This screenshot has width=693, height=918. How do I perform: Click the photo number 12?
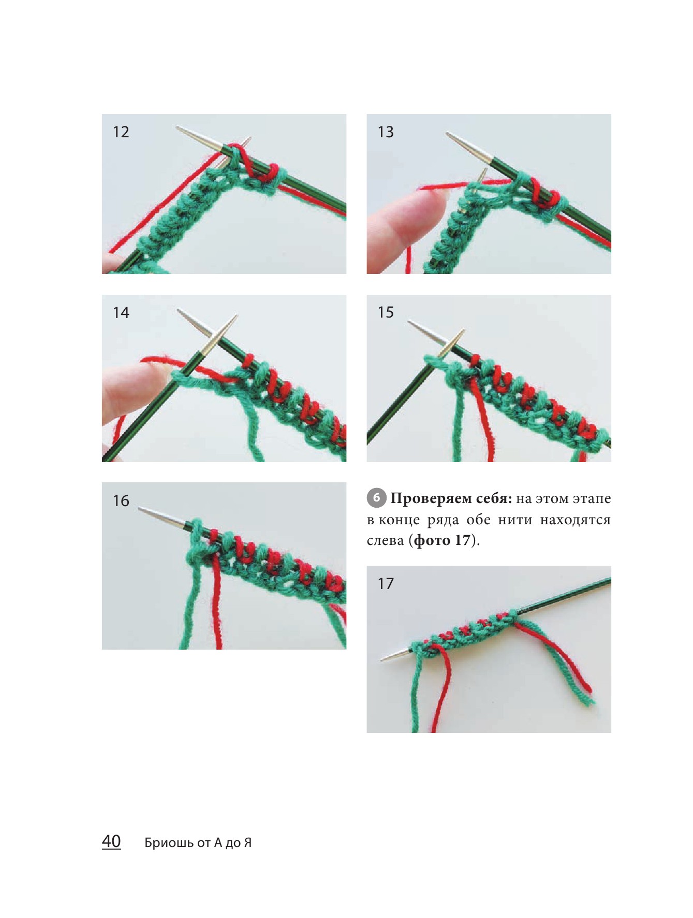pos(121,132)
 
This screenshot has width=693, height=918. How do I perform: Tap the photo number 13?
pos(386,132)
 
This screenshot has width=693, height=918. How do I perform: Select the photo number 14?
pos(121,312)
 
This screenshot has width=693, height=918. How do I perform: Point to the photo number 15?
pos(386,312)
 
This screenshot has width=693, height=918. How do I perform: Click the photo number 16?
pos(121,500)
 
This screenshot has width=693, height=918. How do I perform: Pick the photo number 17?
pos(386,584)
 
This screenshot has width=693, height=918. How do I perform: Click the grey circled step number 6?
pos(376,498)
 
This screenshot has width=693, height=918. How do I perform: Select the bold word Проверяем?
pos(431,499)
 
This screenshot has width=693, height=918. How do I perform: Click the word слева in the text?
pos(385,541)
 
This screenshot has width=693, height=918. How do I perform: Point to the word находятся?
pos(575,520)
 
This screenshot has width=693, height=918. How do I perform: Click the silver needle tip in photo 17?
pos(382,660)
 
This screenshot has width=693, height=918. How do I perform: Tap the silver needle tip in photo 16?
pos(139,509)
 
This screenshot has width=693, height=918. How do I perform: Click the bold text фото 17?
pos(443,540)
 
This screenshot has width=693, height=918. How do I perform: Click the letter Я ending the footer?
pos(247,843)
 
